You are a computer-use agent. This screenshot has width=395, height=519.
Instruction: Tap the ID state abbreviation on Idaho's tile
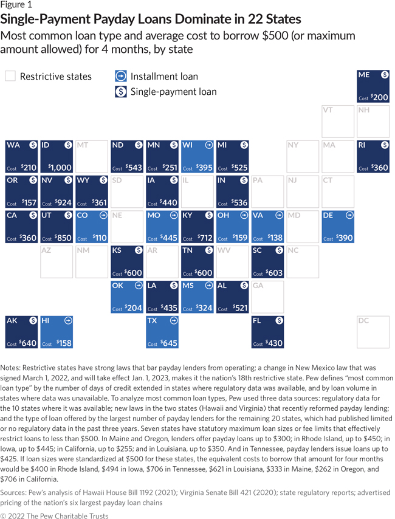coord(46,145)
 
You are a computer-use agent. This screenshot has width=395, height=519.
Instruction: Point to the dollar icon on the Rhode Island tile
coord(385,145)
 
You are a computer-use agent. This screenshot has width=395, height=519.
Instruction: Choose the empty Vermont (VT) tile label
coord(328,111)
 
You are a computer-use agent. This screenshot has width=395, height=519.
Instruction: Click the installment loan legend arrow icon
coord(120,77)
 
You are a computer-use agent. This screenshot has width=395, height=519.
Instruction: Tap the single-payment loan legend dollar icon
coord(120,92)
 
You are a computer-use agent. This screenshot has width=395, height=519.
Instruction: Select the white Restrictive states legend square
coord(10,77)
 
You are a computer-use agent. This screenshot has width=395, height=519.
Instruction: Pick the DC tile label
coord(363,320)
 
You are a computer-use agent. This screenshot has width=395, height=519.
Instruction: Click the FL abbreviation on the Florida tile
coord(257,320)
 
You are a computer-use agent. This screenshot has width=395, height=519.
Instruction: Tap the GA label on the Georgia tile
coord(258,285)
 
